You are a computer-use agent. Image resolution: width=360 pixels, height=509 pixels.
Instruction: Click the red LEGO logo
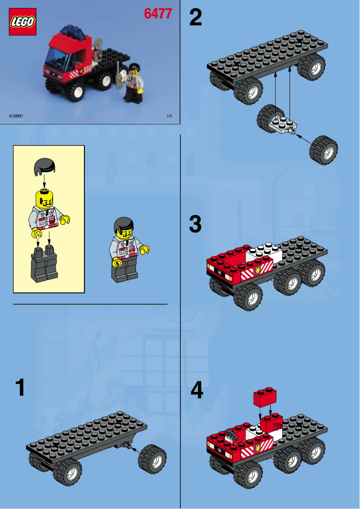(22, 22)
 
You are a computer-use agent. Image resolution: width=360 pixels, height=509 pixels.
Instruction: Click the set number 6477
(158, 14)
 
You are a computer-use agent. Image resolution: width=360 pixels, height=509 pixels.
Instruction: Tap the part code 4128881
(16, 116)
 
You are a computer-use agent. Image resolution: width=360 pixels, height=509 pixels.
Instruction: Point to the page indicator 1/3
(169, 116)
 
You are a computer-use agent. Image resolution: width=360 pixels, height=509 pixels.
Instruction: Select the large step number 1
(20, 388)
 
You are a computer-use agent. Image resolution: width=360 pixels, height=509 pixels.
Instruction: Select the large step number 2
(196, 18)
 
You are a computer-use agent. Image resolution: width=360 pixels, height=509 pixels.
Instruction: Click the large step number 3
(195, 225)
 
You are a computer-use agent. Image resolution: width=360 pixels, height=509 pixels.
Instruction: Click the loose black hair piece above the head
(45, 167)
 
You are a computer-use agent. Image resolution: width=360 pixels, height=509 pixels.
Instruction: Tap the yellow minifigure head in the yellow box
(44, 198)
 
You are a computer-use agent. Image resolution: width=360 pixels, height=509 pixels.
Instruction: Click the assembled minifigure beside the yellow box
(128, 249)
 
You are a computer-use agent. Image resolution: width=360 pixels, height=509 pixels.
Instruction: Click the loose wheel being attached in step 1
(152, 459)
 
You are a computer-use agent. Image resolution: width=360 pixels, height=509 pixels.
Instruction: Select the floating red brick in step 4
(265, 398)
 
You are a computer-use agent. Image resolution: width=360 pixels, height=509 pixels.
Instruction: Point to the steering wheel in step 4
(232, 434)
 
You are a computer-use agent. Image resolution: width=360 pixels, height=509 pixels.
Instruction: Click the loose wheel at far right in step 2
(323, 149)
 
